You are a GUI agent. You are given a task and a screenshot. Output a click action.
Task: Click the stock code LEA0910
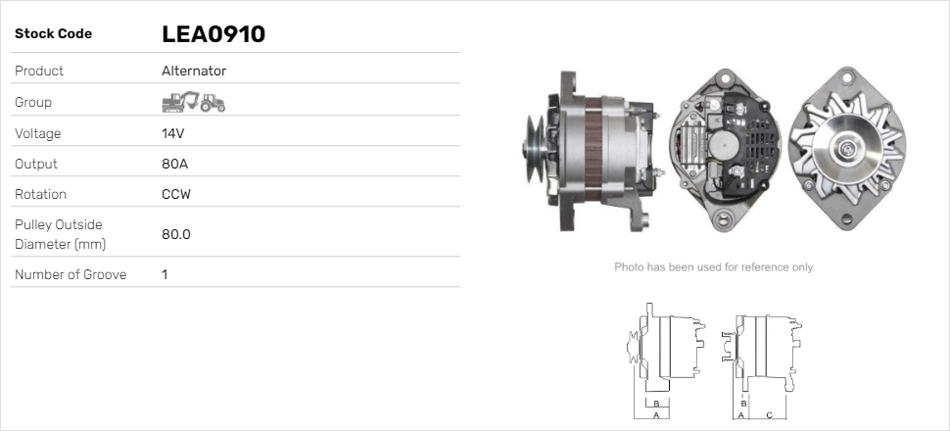click(x=214, y=34)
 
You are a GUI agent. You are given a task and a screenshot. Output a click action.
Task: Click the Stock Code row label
click(x=53, y=34)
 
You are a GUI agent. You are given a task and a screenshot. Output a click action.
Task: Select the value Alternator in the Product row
click(x=194, y=71)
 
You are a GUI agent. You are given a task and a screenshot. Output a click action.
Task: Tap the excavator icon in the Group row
click(x=180, y=102)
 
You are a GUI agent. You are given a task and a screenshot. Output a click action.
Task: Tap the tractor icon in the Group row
click(x=213, y=103)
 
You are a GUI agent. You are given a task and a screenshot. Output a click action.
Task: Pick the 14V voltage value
click(x=172, y=133)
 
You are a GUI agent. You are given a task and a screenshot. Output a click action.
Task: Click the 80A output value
click(x=175, y=165)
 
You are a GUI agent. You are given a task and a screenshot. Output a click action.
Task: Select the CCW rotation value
click(x=176, y=195)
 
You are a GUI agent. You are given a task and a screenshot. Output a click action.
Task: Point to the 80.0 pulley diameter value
click(x=176, y=234)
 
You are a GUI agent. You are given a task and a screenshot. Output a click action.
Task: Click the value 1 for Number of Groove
click(x=165, y=274)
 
